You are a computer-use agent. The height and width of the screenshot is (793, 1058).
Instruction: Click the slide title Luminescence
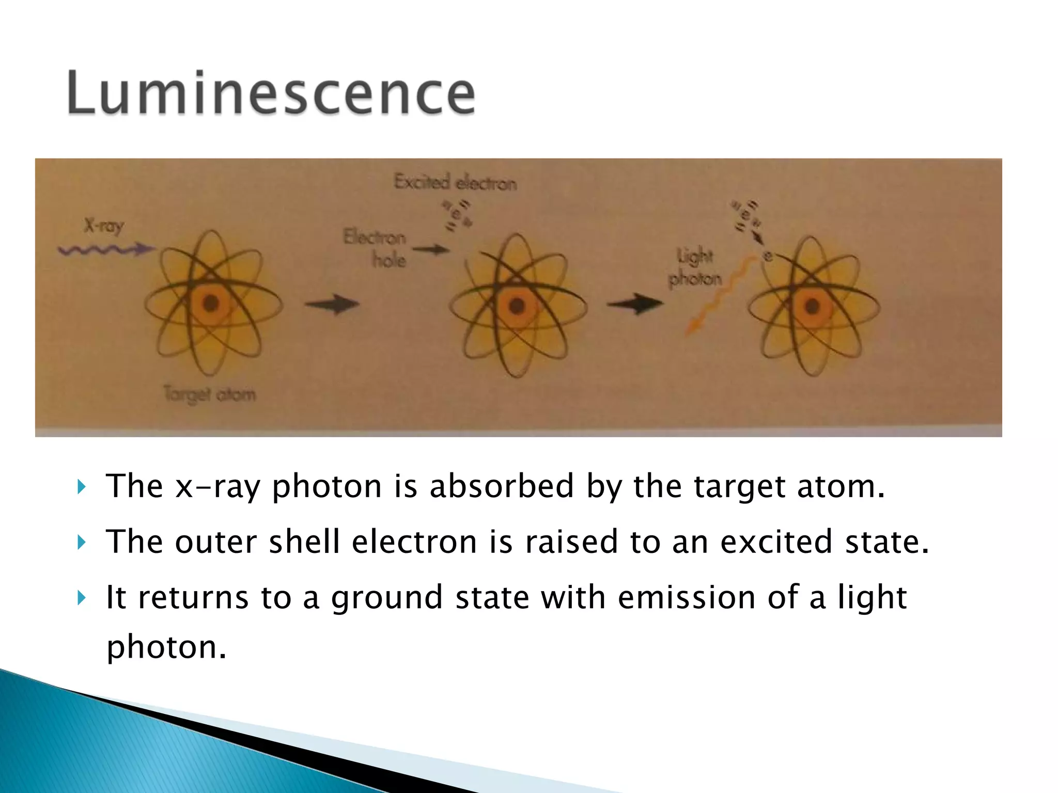271,93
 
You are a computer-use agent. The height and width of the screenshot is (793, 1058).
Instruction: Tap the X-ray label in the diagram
104,226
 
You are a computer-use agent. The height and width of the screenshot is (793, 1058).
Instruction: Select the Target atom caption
210,394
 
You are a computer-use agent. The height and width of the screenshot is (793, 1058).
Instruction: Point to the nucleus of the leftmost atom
210,303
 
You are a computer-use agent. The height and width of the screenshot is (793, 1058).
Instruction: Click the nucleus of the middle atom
517,306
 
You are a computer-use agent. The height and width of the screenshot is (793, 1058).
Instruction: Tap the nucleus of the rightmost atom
813,307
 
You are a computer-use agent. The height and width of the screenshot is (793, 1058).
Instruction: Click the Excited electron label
455,183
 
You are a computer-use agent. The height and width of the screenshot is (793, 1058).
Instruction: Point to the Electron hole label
376,248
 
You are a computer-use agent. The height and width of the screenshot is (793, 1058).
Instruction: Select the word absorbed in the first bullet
502,486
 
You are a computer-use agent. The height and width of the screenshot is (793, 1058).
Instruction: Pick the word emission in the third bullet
687,597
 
